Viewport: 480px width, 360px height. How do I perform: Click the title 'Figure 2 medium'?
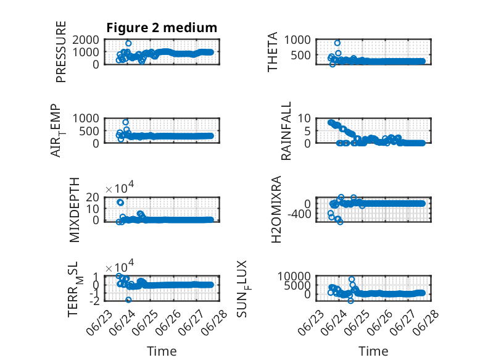tap(162, 28)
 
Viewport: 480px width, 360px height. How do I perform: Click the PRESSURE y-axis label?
tap(61, 52)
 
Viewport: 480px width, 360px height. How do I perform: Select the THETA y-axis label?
tap(272, 52)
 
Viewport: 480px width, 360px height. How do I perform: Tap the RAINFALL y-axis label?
tap(286, 131)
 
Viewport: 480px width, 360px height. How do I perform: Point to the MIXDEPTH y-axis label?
tap(75, 210)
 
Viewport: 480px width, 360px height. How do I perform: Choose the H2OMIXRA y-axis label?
tap(276, 209)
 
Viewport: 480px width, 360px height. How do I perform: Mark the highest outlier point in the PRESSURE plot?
tap(128, 43)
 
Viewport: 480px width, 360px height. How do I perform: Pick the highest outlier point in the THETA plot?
tap(337, 43)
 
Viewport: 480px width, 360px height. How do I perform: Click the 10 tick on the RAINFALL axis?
tap(304, 118)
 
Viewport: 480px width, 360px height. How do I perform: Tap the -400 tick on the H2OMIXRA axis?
tap(299, 214)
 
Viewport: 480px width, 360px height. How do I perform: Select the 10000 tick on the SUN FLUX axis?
tap(294, 277)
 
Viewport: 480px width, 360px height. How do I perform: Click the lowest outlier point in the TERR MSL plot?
tap(128, 299)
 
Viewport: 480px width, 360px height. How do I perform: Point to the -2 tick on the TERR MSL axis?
tap(94, 301)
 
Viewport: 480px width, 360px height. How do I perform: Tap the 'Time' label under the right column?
tap(373, 351)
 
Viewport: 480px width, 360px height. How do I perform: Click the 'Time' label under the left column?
tap(162, 351)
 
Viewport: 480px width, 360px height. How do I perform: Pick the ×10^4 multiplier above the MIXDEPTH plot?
tap(120, 188)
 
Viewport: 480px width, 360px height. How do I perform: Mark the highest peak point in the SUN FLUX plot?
tap(352, 280)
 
